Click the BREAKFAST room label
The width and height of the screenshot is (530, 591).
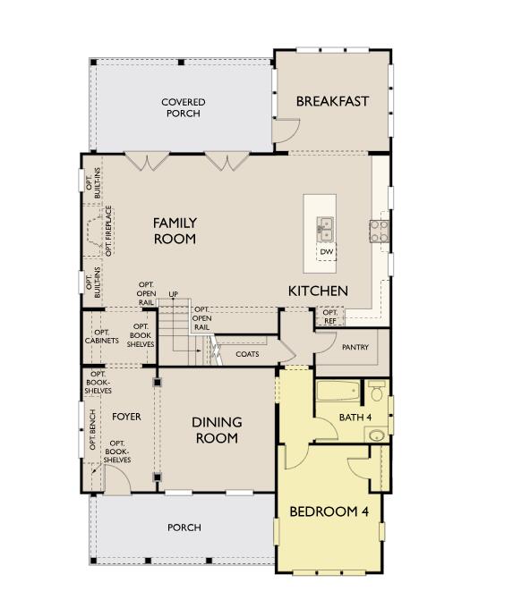point(332,101)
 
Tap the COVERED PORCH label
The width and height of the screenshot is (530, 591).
point(183,108)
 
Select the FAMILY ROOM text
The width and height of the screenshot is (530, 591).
point(175,231)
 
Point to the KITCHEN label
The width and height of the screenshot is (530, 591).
point(317,291)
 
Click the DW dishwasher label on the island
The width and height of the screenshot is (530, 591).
point(327,252)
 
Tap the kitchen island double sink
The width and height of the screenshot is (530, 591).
point(326,230)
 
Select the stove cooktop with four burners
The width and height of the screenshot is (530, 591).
point(379,232)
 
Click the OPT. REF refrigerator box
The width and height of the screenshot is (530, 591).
point(329,317)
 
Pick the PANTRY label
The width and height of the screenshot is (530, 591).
point(355,347)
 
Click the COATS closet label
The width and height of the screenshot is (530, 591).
point(247,354)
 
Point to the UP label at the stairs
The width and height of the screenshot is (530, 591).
point(173,293)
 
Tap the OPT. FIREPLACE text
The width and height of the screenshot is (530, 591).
point(109,231)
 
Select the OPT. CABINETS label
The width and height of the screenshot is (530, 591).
point(102,336)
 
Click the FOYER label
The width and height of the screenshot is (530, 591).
point(126,417)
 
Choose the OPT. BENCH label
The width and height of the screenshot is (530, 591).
point(92,429)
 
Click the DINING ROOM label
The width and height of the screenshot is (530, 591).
point(216,430)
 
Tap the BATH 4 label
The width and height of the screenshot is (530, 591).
point(355,418)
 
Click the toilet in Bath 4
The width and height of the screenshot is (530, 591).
point(376,392)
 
